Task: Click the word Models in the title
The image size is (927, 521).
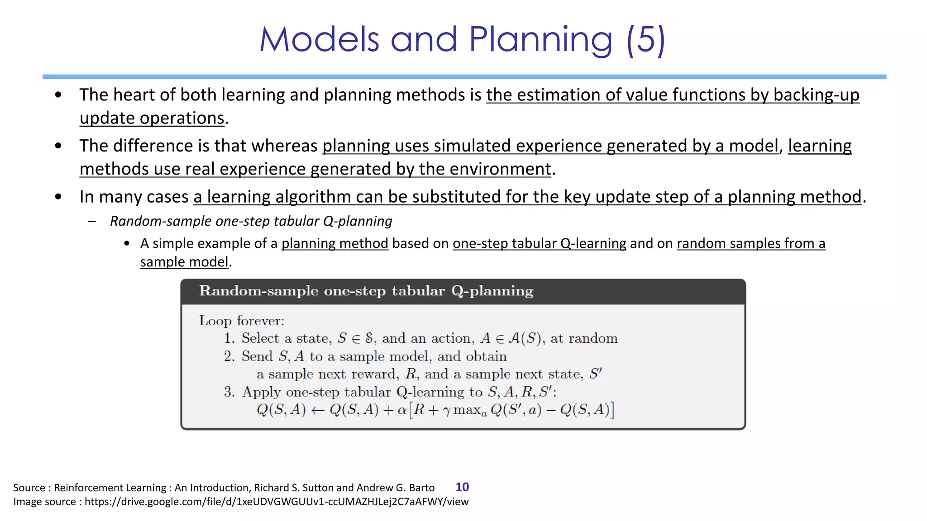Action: [x=319, y=40]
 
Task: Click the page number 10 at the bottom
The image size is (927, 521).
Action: [x=462, y=487]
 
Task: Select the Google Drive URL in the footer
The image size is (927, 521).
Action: [x=276, y=502]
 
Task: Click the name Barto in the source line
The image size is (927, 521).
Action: [x=421, y=488]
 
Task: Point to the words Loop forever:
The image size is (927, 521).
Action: [x=242, y=321]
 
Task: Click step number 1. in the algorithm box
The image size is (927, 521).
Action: [x=229, y=338]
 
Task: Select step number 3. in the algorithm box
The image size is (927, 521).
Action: [x=229, y=392]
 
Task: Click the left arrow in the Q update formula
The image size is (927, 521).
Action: [x=318, y=410]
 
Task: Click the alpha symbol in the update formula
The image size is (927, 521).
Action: [x=401, y=410]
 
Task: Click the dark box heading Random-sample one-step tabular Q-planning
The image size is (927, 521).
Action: [x=366, y=291]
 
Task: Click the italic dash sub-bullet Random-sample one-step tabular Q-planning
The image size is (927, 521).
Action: [x=251, y=221]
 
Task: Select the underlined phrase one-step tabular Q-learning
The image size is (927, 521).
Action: [x=539, y=243]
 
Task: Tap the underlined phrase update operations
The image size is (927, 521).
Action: [x=152, y=118]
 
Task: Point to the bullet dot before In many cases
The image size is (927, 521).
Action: [x=58, y=197]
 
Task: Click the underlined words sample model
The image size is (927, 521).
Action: [x=184, y=262]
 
